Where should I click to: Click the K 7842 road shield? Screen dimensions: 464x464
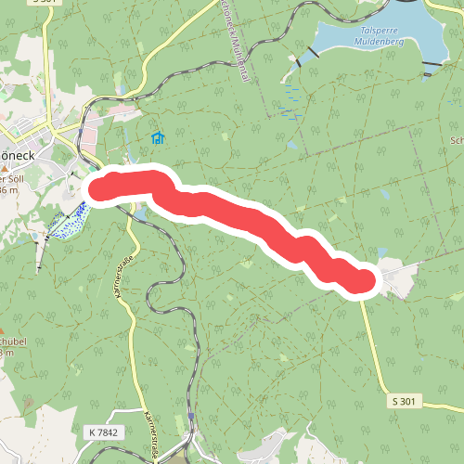[105, 432]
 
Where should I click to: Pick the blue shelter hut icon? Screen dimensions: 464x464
[158, 139]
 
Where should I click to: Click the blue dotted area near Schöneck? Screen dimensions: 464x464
[67, 222]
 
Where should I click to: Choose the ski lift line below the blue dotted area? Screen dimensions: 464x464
[41, 251]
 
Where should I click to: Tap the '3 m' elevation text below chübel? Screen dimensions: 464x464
[6, 353]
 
